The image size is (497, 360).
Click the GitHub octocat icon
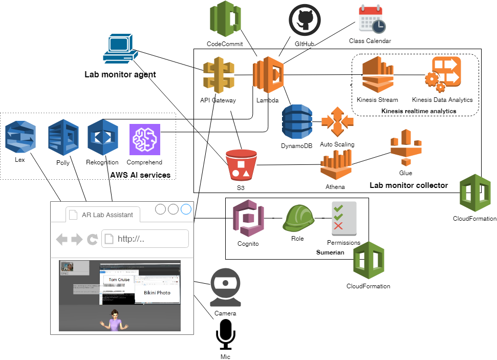point(305,20)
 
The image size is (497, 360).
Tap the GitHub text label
point(305,44)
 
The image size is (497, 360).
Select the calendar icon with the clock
point(372,19)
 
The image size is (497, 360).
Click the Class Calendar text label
point(370,41)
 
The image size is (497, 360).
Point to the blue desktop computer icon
point(120,49)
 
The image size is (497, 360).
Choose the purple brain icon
point(145,139)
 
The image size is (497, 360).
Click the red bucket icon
point(241,165)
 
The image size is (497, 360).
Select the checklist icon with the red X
point(344,219)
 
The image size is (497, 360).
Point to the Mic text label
point(225,356)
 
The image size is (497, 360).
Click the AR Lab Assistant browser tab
point(104,215)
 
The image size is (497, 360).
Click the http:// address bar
point(145,239)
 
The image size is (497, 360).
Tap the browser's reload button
point(93,239)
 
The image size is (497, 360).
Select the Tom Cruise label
point(119,280)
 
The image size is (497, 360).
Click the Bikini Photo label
point(157,292)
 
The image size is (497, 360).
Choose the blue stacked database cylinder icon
point(297,121)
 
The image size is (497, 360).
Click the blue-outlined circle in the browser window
point(186,209)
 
